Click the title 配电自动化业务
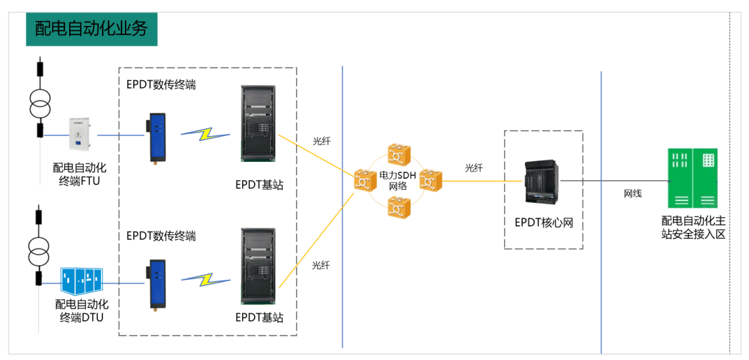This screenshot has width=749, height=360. click(91, 29)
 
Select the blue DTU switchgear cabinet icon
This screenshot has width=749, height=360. click(82, 281)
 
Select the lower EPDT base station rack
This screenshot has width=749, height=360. click(259, 266)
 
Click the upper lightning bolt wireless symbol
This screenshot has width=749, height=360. click(206, 134)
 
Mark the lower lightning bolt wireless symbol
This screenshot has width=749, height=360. click(206, 280)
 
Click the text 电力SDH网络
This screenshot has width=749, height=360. click(397, 181)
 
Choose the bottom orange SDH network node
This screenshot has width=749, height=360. click(399, 207)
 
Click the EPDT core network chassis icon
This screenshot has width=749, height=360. click(542, 182)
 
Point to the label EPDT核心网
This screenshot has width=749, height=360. click(543, 223)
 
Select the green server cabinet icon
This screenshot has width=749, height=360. click(691, 178)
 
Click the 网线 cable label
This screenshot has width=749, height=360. click(632, 193)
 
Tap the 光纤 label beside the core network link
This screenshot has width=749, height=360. click(474, 168)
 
